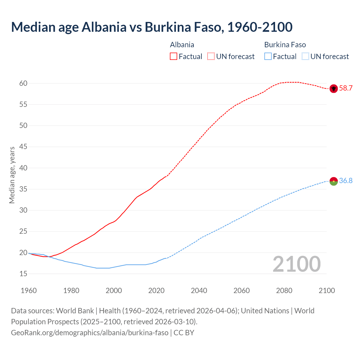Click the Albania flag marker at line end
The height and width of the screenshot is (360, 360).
(334, 88)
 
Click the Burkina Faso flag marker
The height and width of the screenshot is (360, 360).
(334, 181)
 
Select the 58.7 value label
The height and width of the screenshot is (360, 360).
(346, 88)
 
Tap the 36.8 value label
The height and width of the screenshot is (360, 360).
(346, 181)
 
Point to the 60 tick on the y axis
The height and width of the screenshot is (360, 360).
(23, 83)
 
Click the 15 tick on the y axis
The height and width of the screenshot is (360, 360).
(23, 274)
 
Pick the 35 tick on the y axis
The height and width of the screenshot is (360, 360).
(23, 189)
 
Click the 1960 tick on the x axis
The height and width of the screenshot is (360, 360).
(29, 291)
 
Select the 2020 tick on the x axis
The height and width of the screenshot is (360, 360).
(156, 291)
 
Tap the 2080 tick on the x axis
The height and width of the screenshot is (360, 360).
(284, 291)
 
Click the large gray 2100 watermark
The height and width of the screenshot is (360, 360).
(296, 264)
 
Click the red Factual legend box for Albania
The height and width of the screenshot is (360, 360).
(174, 57)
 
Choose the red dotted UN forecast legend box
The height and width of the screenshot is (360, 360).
(211, 57)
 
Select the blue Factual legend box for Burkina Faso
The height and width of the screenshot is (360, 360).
(268, 57)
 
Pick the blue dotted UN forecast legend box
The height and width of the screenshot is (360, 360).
(305, 57)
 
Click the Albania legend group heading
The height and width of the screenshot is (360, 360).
(182, 45)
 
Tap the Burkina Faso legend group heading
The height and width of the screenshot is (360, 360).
(285, 45)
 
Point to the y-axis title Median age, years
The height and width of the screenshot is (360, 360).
(12, 175)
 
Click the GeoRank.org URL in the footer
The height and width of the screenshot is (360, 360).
(89, 333)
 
